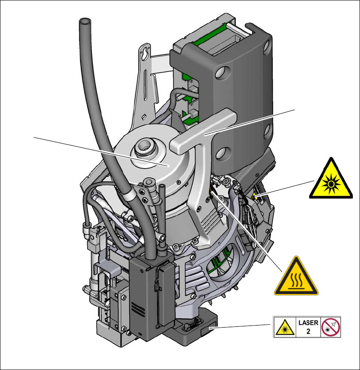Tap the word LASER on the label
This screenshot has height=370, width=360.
[308, 323]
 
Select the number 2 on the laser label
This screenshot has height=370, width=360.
[308, 331]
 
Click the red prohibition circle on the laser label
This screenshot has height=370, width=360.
[331, 327]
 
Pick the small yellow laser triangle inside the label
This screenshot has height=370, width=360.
[285, 328]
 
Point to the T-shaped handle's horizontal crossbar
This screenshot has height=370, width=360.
[203, 130]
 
